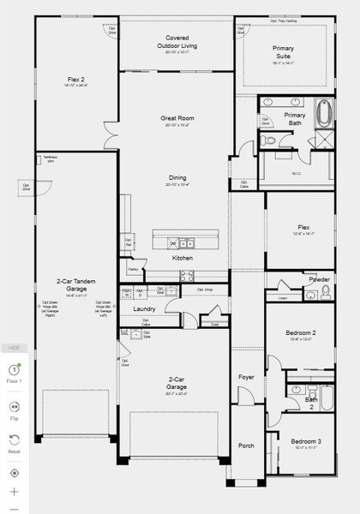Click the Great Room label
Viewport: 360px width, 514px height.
pos(177,118)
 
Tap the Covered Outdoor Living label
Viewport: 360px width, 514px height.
pos(177,41)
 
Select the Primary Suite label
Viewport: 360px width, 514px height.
pos(283,52)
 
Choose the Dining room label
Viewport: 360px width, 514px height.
pos(177,178)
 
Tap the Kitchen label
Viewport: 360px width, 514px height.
pos(182,258)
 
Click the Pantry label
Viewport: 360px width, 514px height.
pos(133,269)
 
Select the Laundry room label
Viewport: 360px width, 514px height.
pos(143,308)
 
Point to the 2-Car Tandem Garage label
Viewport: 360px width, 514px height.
pos(71,285)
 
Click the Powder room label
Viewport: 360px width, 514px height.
pos(319,279)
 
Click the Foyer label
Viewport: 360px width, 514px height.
pos(247,376)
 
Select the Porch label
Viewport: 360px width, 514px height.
pos(247,445)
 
